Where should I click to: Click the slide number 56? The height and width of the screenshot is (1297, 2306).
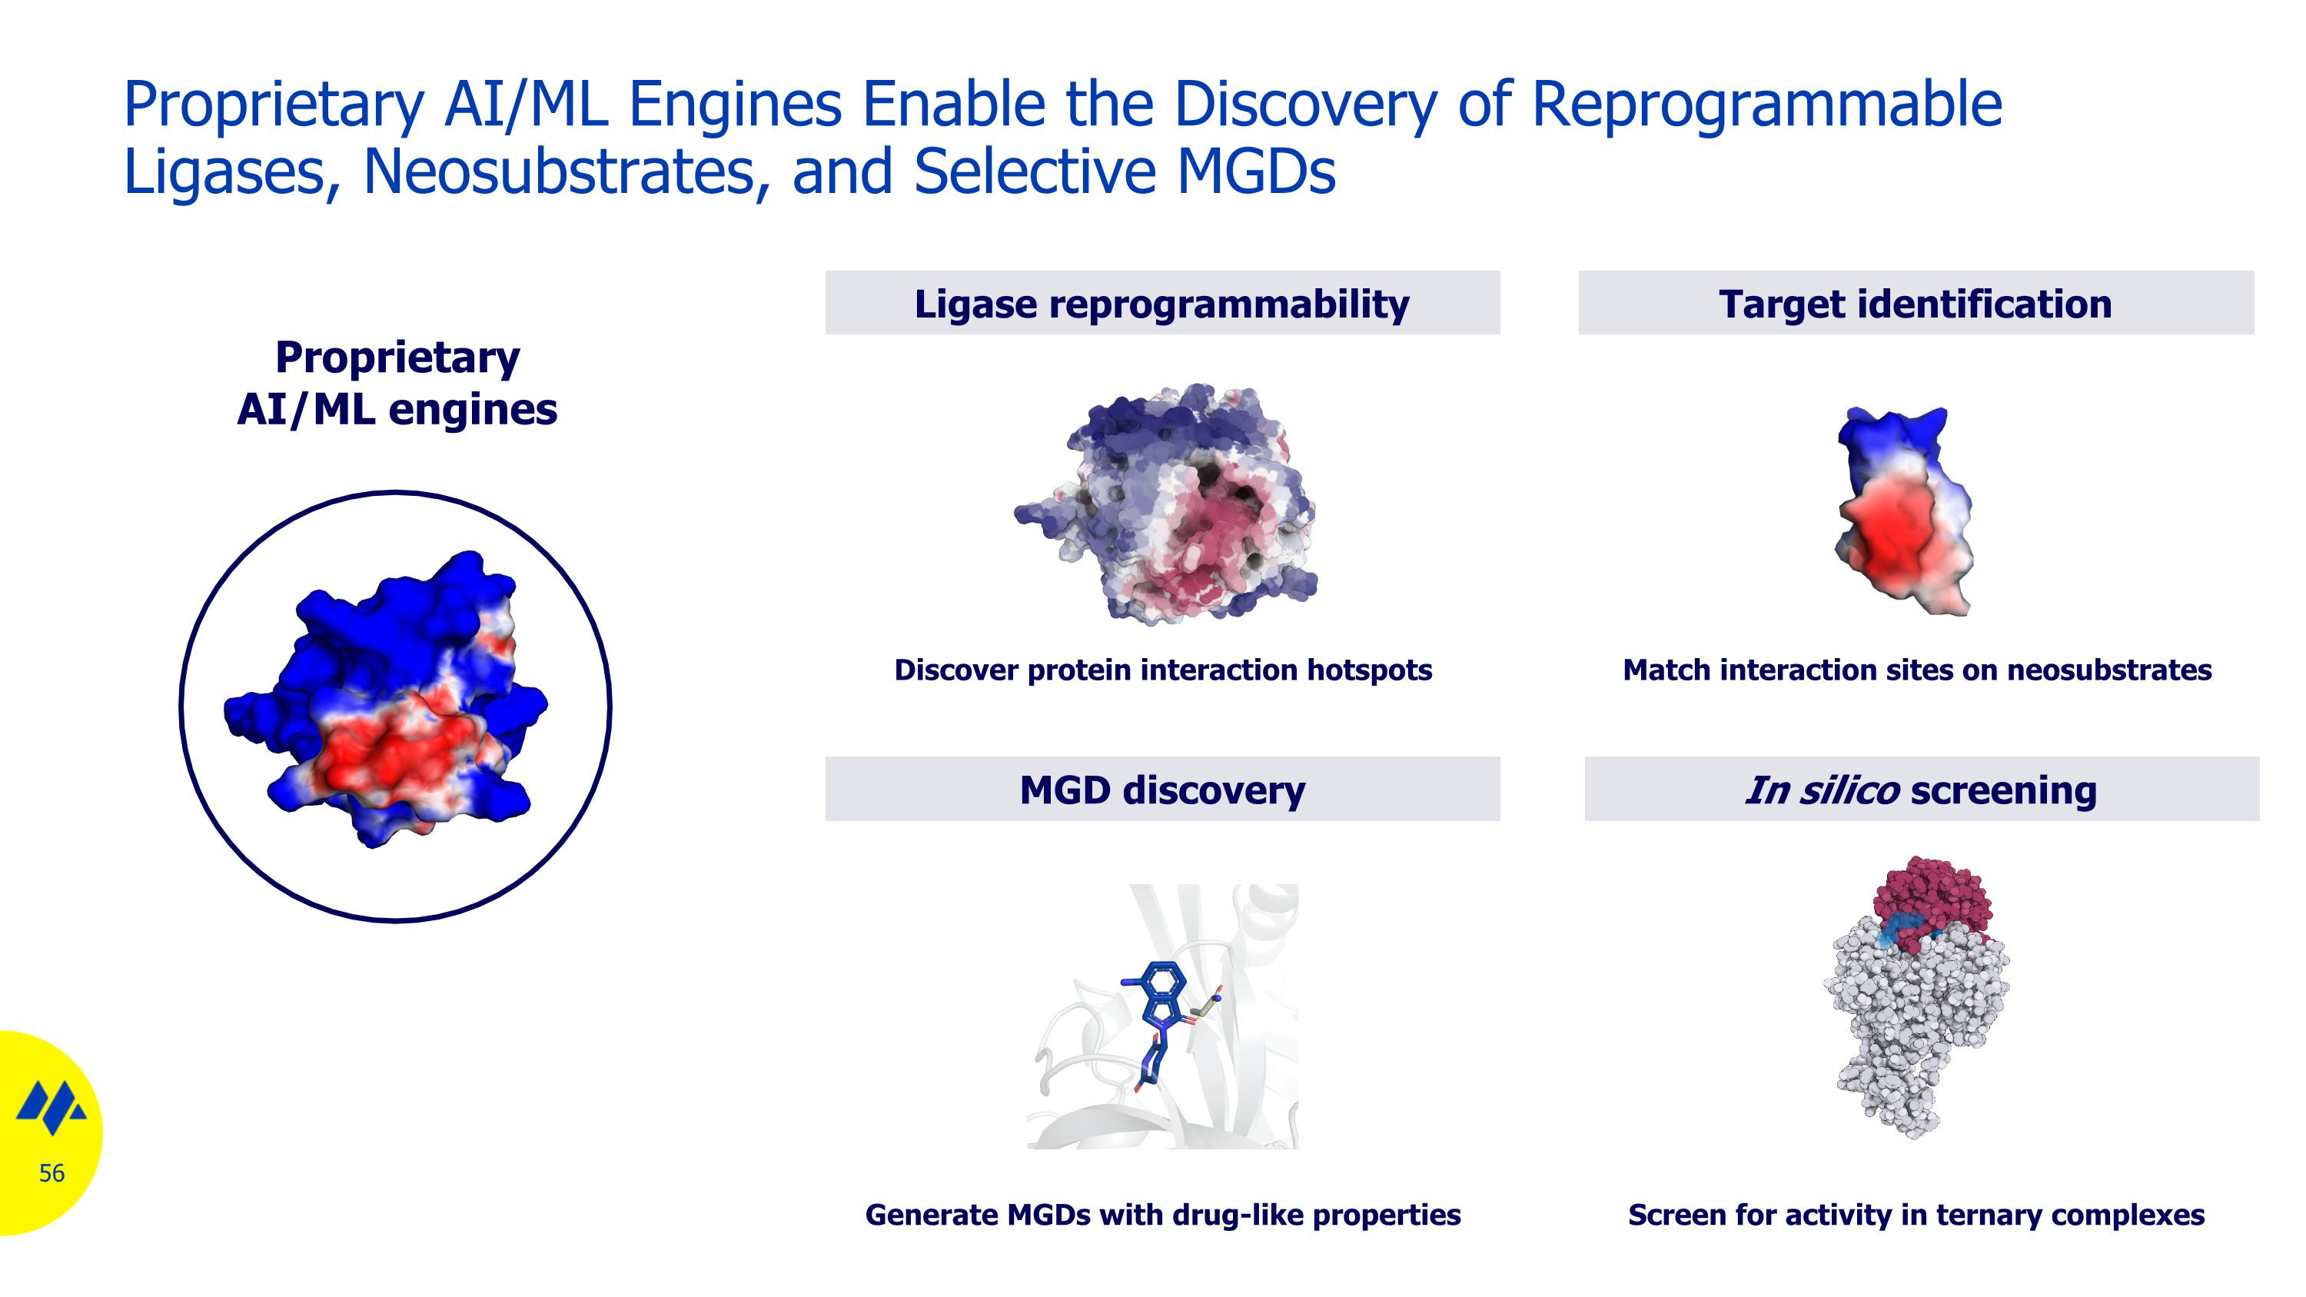(51, 1172)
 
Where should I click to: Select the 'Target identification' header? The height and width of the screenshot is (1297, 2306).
(1915, 304)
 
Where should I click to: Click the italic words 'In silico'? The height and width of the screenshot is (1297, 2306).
(1821, 790)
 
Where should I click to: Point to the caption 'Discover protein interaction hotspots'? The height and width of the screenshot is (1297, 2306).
(1162, 670)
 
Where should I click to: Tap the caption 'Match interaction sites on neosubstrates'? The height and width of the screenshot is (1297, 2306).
(1916, 670)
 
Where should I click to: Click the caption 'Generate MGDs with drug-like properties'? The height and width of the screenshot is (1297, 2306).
(1162, 1215)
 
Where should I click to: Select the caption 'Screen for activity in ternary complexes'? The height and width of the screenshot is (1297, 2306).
(1916, 1215)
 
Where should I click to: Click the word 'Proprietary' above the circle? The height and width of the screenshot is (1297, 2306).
(397, 358)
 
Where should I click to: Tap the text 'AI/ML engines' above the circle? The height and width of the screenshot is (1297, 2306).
(397, 409)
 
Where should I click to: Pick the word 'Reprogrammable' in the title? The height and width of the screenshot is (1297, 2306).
(1766, 104)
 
